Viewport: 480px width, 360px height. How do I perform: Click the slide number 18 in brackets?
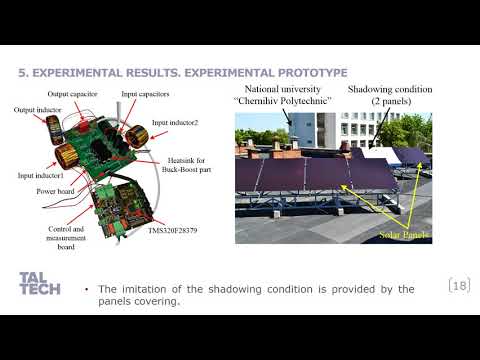(460, 287)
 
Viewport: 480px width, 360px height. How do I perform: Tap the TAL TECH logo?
(39, 284)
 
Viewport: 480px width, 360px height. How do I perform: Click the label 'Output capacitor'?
(71, 94)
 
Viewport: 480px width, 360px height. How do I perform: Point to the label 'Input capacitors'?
(145, 93)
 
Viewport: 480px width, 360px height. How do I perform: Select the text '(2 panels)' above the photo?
(390, 102)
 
